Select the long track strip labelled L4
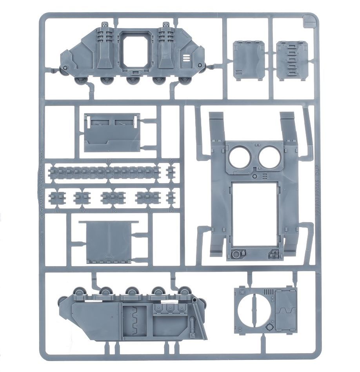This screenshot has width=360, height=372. click(104, 172)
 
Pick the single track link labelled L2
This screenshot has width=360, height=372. click(171, 171)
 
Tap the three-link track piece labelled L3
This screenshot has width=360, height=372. click(113, 197)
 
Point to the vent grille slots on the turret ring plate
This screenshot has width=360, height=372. click(270, 292)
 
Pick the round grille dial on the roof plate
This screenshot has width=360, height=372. click(236, 254)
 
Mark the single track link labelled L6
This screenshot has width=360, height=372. click(171, 197)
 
